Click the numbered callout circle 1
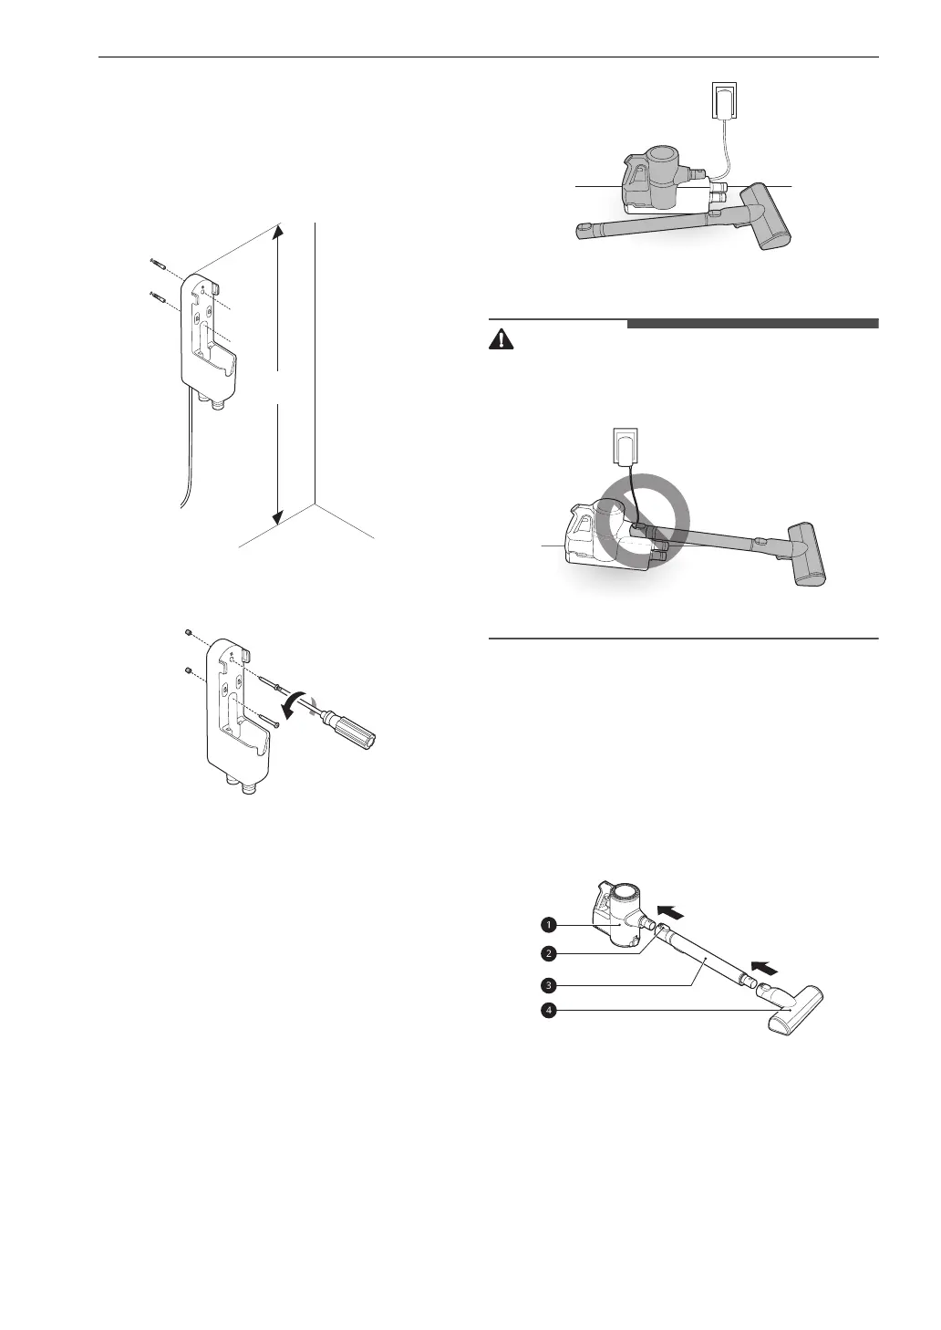pyautogui.click(x=549, y=924)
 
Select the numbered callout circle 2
pyautogui.click(x=549, y=954)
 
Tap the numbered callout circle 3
pyautogui.click(x=549, y=985)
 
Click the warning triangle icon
pyautogui.click(x=502, y=340)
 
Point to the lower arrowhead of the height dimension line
pyautogui.click(x=280, y=520)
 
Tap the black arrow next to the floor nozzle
pyautogui.click(x=765, y=967)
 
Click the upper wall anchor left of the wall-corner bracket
pyautogui.click(x=159, y=265)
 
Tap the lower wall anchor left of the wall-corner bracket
pyautogui.click(x=159, y=296)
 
